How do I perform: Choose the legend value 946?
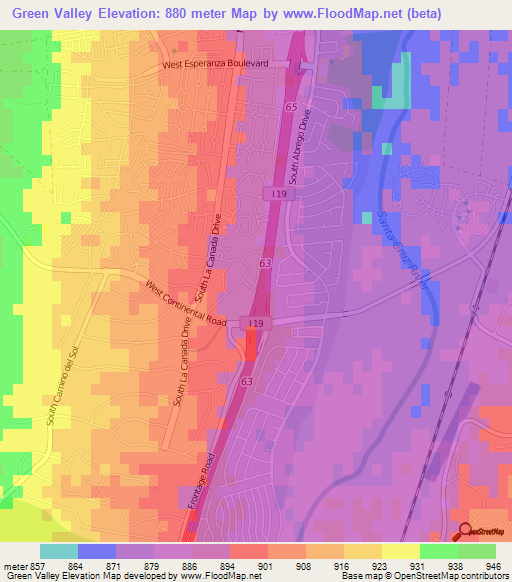(495, 565)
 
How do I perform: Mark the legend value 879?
(154, 565)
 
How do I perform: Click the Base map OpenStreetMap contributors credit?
(435, 576)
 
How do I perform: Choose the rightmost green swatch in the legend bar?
(477, 551)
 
